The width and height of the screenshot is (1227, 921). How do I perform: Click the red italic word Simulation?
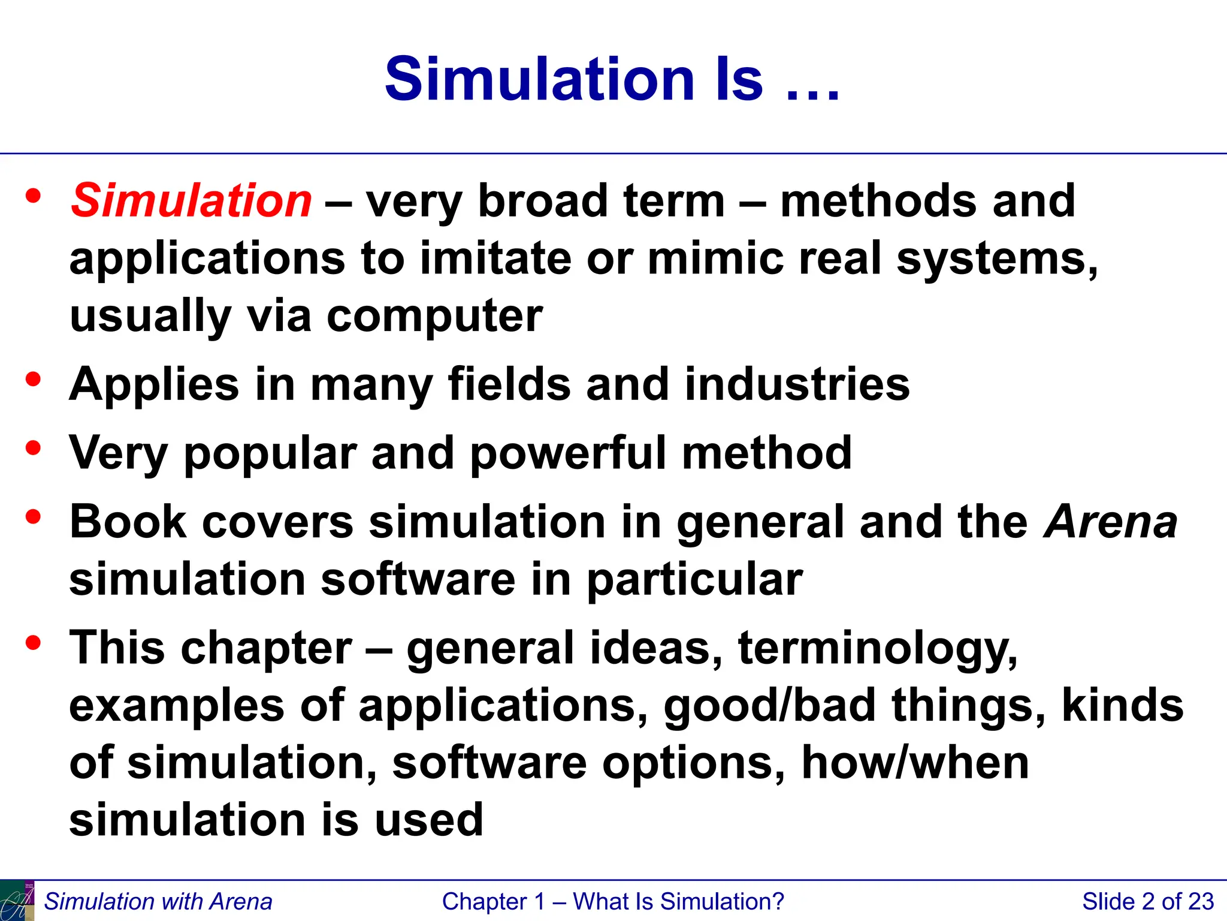click(x=191, y=200)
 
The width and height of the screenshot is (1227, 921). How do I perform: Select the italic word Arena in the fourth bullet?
click(x=1110, y=521)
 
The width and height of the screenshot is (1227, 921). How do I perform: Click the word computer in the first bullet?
click(x=434, y=316)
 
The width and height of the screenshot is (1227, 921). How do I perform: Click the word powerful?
click(x=568, y=453)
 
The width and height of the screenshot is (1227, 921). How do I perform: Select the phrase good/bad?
click(x=770, y=706)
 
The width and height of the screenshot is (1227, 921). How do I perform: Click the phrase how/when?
click(x=915, y=763)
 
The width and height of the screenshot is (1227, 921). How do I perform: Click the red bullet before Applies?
click(x=34, y=379)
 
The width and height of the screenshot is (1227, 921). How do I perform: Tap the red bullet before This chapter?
click(x=34, y=643)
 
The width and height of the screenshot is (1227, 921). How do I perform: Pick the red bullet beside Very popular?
click(x=34, y=447)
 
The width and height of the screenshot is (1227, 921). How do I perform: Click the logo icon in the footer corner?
click(x=17, y=901)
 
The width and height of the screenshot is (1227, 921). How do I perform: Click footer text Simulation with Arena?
click(x=158, y=902)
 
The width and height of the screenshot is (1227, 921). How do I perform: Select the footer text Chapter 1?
click(x=493, y=902)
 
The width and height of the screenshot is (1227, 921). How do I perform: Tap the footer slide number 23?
click(x=1201, y=902)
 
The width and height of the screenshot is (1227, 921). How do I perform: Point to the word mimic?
click(x=715, y=258)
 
